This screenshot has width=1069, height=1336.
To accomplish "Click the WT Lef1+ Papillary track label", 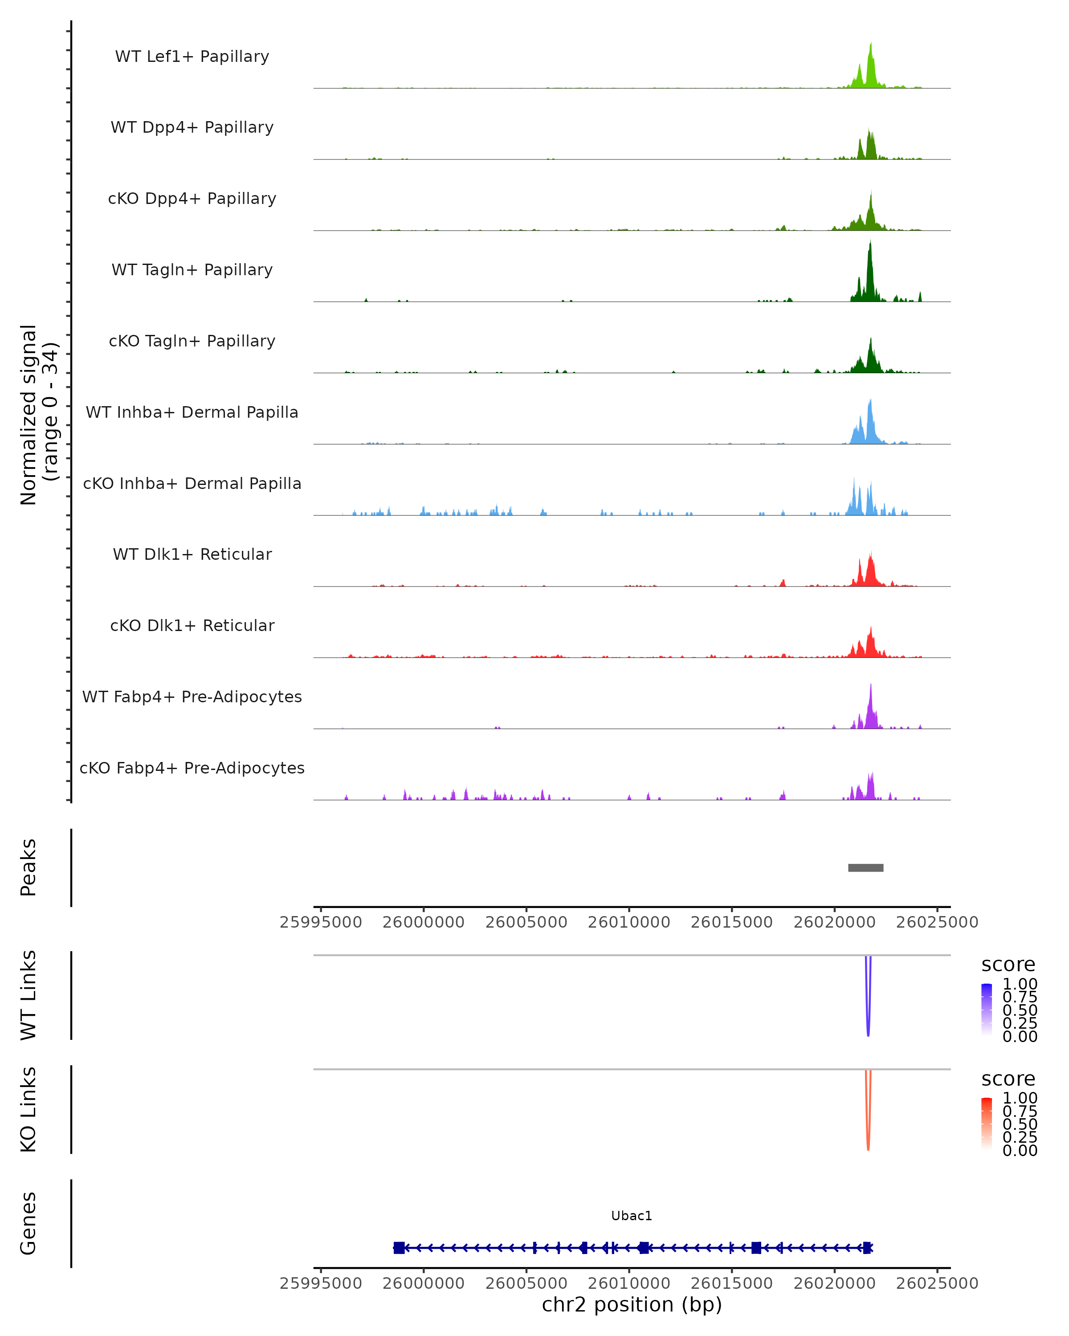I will (192, 57).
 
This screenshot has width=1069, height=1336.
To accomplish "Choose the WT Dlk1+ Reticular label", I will (192, 554).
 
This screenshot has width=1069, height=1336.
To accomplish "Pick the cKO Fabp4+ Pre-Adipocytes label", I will (192, 768).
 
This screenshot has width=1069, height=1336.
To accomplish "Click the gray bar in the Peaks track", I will (866, 868).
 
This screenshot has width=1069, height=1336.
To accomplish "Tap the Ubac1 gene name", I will (632, 1216).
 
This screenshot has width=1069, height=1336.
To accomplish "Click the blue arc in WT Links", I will (868, 1029).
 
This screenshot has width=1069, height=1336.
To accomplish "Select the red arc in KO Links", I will (868, 1143).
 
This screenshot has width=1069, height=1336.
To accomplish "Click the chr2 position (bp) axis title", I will (632, 1304).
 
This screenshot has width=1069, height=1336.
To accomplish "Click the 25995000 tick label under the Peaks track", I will (321, 922).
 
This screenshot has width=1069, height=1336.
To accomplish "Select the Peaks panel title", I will (29, 868).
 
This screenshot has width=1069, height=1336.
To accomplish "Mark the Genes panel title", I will (29, 1223).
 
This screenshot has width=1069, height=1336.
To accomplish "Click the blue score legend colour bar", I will (987, 1010).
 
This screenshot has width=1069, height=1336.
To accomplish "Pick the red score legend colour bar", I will (987, 1124).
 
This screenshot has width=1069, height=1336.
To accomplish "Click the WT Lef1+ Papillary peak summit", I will (871, 45).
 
